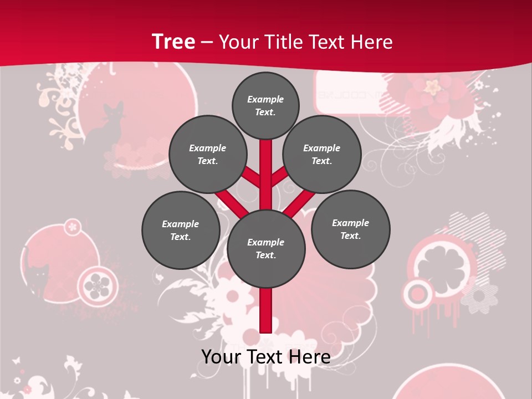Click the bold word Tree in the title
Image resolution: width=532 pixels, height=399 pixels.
point(173,42)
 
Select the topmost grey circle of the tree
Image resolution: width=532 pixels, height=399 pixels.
point(265,105)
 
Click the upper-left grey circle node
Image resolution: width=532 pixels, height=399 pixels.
point(208,154)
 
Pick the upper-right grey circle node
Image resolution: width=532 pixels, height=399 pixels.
point(322,154)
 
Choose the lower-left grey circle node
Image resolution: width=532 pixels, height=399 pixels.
point(181,230)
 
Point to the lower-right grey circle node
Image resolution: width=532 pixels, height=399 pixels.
point(350,229)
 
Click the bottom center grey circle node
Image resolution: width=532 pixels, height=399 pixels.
point(266,248)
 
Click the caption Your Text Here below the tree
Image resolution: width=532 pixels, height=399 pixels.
point(266,357)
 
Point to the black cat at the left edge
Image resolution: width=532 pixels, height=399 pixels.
point(39,277)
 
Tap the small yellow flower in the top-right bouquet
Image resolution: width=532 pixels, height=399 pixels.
point(433,86)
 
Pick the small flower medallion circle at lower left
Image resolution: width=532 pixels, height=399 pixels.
point(97,283)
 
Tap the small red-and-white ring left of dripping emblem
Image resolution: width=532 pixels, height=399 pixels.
point(416,293)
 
